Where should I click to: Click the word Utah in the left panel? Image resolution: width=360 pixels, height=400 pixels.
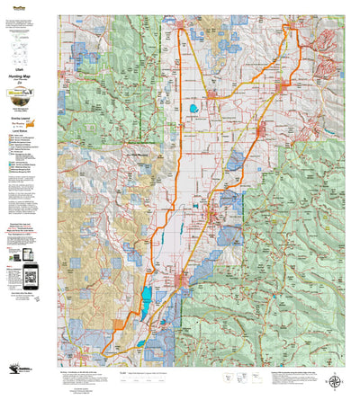coord(19,67)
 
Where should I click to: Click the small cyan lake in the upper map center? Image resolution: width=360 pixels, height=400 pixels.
coord(193,111)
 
